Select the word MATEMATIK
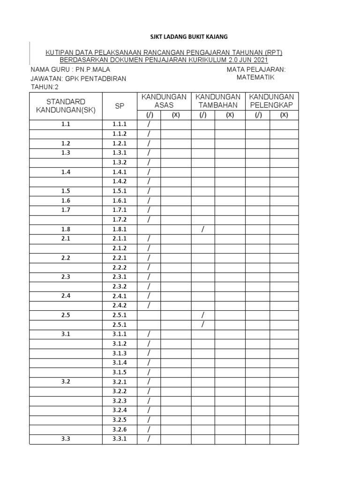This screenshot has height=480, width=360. click(255, 77)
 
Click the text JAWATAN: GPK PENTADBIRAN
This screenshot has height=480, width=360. click(78, 78)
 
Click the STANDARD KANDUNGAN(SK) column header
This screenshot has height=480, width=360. click(65, 105)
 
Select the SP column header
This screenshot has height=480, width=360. click(120, 106)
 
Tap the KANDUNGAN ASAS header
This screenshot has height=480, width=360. click(164, 101)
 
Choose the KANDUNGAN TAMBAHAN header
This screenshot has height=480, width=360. click(218, 101)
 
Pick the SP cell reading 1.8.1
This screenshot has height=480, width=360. click(120, 229)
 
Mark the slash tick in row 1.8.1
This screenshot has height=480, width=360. click(203, 229)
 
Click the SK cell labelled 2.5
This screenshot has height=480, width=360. click(65, 315)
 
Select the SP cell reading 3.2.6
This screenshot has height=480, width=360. click(120, 429)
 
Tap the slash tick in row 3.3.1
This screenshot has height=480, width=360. click(149, 439)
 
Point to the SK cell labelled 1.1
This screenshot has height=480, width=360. click(65, 124)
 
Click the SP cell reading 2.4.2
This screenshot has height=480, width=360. click(120, 305)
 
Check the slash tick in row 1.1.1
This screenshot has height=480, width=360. click(149, 124)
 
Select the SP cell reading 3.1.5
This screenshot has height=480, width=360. click(120, 372)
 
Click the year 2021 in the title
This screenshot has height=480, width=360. click(259, 60)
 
